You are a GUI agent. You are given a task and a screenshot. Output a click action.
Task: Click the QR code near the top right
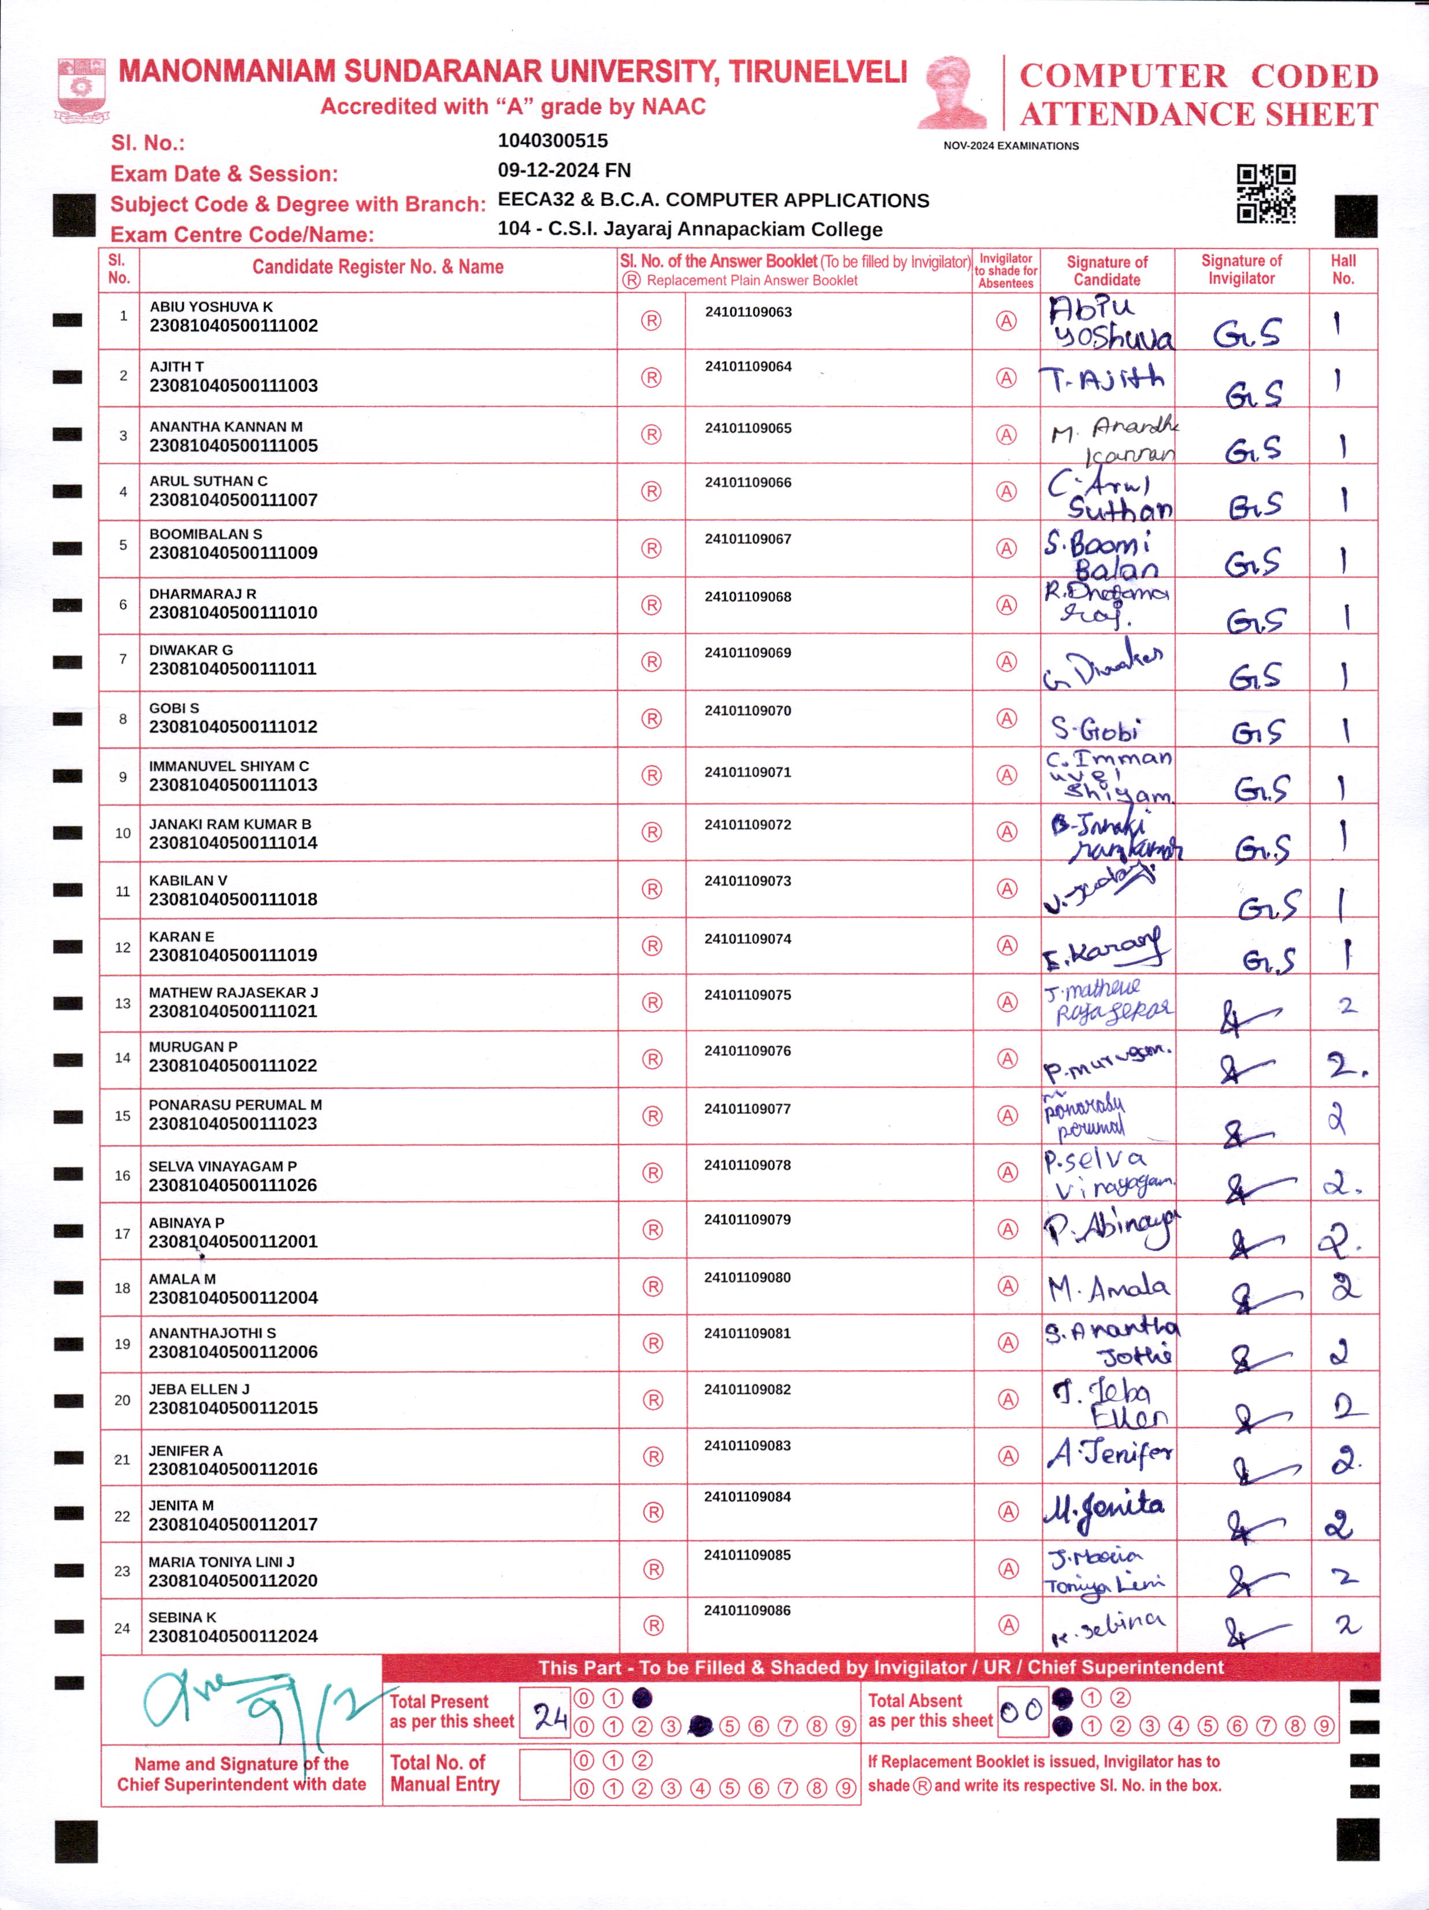pyautogui.click(x=1266, y=194)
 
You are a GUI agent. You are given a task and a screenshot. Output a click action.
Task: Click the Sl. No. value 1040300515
pyautogui.click(x=553, y=140)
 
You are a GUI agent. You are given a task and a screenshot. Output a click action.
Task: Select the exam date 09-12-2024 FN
pyautogui.click(x=564, y=170)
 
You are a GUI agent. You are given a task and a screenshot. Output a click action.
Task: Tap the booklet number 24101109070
pyautogui.click(x=748, y=710)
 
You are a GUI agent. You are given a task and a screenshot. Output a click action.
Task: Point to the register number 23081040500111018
pyautogui.click(x=233, y=899)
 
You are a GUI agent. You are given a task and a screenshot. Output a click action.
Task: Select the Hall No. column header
pyautogui.click(x=1343, y=269)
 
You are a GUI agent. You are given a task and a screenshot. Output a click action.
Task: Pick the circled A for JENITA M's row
pyautogui.click(x=1008, y=1511)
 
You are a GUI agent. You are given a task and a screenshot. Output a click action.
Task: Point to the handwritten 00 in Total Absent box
pyautogui.click(x=1021, y=1711)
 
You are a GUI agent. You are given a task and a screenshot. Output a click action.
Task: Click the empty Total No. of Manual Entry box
pyautogui.click(x=544, y=1774)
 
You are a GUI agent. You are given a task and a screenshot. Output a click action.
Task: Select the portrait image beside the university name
pyautogui.click(x=953, y=92)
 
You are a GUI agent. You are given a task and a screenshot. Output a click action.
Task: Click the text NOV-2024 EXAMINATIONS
pyautogui.click(x=1011, y=146)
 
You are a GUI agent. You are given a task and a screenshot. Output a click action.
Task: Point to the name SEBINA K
pyautogui.click(x=182, y=1617)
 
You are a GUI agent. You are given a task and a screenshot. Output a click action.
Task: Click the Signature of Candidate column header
pyautogui.click(x=1107, y=271)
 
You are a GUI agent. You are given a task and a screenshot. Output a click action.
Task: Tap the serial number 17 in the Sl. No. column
pyautogui.click(x=123, y=1233)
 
